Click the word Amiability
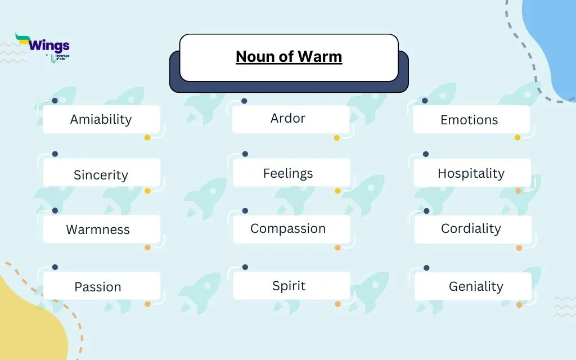click(101, 119)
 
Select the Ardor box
click(291, 119)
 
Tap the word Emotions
click(469, 120)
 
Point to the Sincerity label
click(101, 175)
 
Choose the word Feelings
click(288, 173)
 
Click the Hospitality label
click(471, 173)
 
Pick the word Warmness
click(98, 229)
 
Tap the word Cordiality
click(471, 228)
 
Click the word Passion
click(98, 287)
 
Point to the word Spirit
click(289, 286)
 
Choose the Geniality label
click(476, 286)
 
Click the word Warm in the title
click(320, 57)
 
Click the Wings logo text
click(49, 46)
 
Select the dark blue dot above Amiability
click(55, 101)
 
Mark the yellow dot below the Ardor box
click(337, 138)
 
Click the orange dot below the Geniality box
click(519, 305)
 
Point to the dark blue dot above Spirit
click(245, 267)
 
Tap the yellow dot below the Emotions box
click(517, 138)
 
